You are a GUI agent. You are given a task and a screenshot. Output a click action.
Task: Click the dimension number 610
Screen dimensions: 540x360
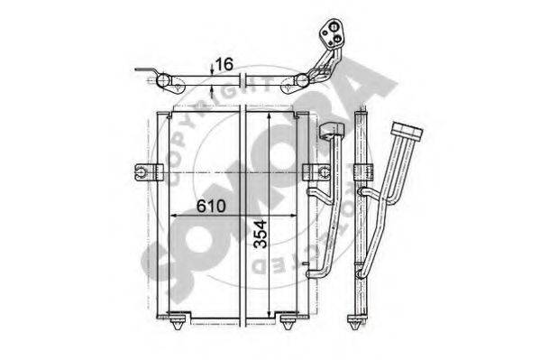(211, 206)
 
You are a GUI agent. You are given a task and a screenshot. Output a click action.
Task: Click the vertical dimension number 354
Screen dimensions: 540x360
(260, 235)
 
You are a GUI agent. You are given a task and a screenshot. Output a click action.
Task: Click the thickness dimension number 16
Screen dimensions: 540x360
(224, 64)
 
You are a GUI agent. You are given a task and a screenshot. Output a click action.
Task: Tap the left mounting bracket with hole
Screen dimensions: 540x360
(148, 171)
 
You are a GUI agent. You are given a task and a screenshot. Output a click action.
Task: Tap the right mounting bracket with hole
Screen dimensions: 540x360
(316, 172)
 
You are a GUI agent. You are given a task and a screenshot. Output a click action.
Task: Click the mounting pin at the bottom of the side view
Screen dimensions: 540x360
(357, 321)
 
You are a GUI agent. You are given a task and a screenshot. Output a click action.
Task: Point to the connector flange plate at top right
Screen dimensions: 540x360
(332, 32)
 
